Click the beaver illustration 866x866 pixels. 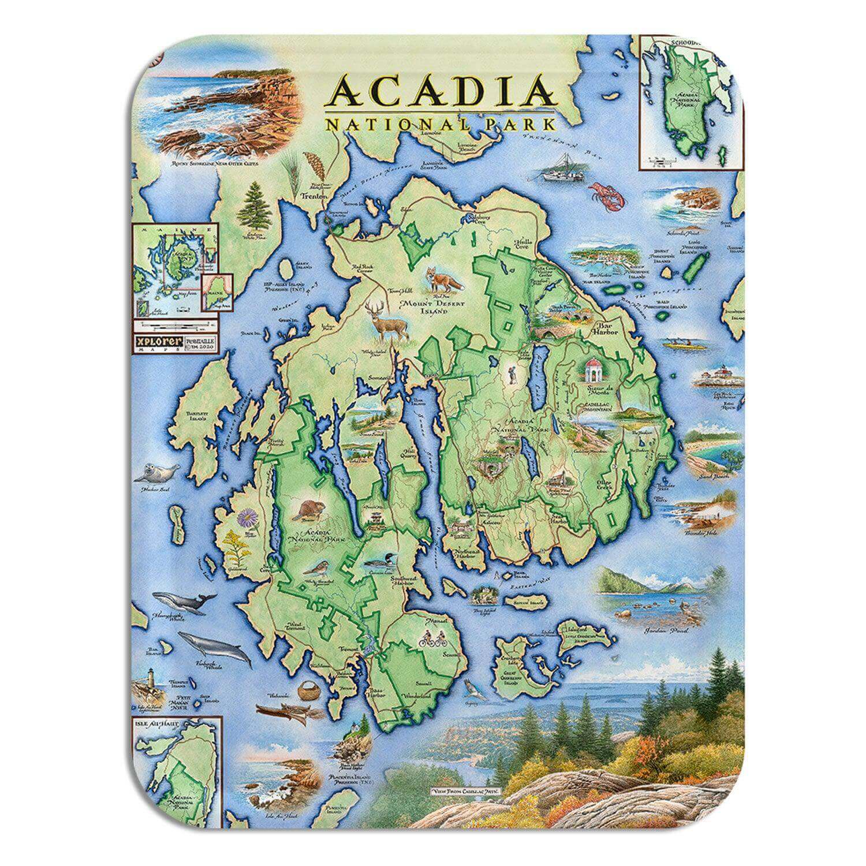pyautogui.click(x=306, y=510)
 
